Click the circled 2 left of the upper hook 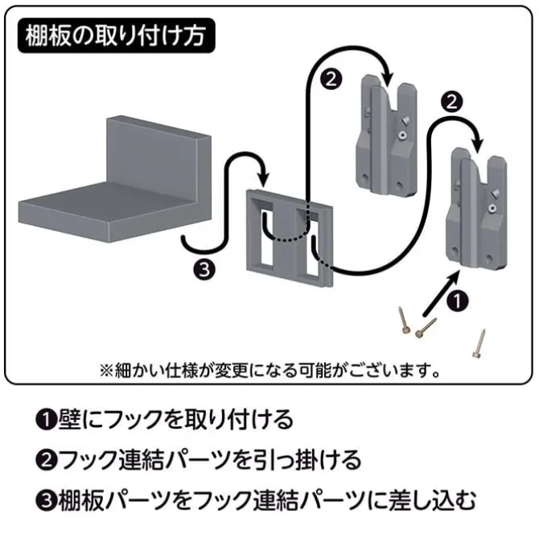click(x=331, y=79)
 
